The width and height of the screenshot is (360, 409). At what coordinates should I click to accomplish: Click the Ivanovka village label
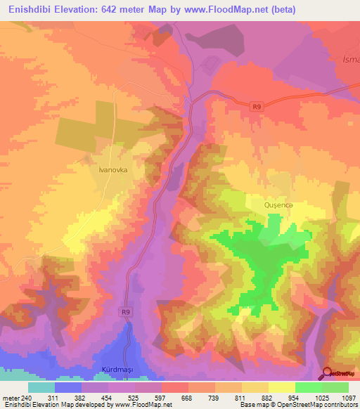(x=112, y=169)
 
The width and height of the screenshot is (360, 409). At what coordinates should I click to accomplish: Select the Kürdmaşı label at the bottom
(x=113, y=370)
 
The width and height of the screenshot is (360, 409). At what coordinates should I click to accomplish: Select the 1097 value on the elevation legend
(x=348, y=397)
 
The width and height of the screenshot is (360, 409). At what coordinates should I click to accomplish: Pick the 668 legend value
(x=186, y=397)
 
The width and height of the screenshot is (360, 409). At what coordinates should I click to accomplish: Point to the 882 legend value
(x=267, y=397)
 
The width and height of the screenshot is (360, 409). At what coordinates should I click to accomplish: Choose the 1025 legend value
(x=321, y=397)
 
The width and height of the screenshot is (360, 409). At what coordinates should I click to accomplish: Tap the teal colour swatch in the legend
(x=41, y=387)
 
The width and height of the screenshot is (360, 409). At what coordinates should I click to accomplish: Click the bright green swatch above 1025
(x=308, y=387)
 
